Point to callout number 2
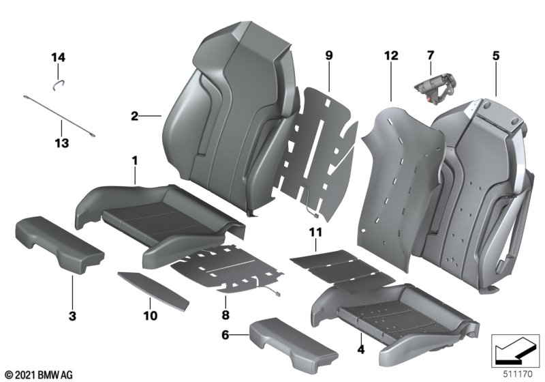pyautogui.click(x=134, y=117)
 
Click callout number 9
pyautogui.click(x=328, y=55)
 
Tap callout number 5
pyautogui.click(x=496, y=55)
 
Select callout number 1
pyautogui.click(x=135, y=161)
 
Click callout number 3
pyautogui.click(x=72, y=316)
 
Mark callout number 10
pyautogui.click(x=150, y=316)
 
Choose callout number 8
pyautogui.click(x=225, y=316)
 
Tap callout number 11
pyautogui.click(x=314, y=233)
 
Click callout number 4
pyautogui.click(x=361, y=350)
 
